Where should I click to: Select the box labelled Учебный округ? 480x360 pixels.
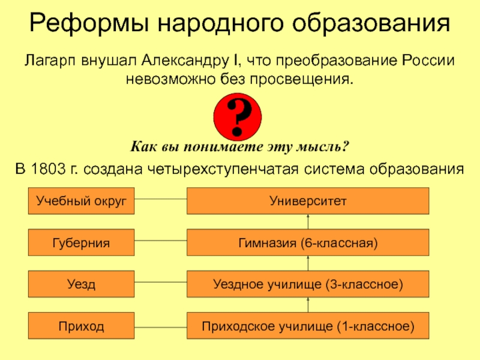pyautogui.click(x=81, y=201)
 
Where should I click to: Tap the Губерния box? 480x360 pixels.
pyautogui.click(x=81, y=242)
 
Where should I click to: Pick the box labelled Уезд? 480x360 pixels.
pyautogui.click(x=81, y=284)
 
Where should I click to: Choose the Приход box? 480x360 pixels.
pyautogui.click(x=81, y=326)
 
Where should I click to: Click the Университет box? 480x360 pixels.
pyautogui.click(x=308, y=201)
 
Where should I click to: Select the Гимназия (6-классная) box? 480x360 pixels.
pyautogui.click(x=308, y=242)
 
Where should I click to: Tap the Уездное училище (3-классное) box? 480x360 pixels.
pyautogui.click(x=308, y=284)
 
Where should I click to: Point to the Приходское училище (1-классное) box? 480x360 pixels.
pyautogui.click(x=308, y=326)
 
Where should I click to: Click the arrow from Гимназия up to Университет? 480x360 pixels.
pyautogui.click(x=308, y=221)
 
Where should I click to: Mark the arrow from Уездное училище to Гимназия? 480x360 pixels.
pyautogui.click(x=308, y=263)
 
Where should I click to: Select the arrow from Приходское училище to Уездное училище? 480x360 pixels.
pyautogui.click(x=308, y=305)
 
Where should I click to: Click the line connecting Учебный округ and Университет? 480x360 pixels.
pyautogui.click(x=160, y=201)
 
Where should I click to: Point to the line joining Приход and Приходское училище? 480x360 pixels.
pyautogui.click(x=160, y=326)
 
